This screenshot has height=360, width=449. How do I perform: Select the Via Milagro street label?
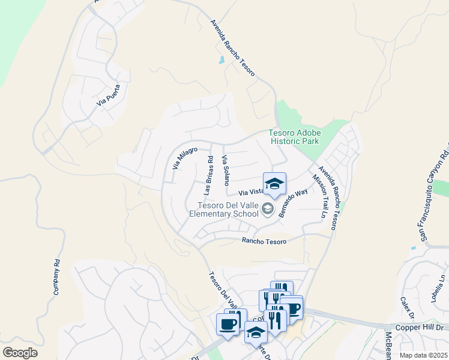coord(185,157)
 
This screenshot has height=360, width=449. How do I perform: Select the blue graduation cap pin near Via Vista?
coord(274,183)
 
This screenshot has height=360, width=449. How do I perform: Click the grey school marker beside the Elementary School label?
coord(268,209)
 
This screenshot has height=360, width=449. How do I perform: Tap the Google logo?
coord(20,352)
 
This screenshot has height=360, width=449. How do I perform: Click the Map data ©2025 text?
coord(424,355)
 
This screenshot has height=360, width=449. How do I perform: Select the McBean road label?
coord(389,344)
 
